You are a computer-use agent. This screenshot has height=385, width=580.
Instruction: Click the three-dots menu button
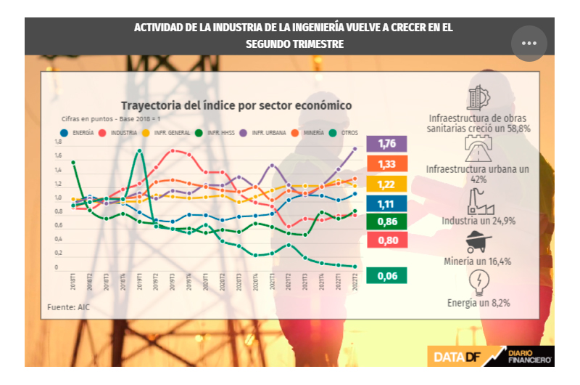pos(529,44)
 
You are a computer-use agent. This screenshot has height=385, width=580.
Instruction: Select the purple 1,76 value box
pos(386,144)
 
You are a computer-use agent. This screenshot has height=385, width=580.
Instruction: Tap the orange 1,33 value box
pos(386,164)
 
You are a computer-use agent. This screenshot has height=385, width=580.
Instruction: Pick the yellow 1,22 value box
pos(386,185)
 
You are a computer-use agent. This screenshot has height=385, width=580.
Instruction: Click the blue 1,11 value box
pos(386,205)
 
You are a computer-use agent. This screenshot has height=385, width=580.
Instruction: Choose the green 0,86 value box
pos(386,222)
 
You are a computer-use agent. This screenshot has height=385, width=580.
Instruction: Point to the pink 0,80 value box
pos(386,240)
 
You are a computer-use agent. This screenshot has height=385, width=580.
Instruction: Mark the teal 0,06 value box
pos(386,275)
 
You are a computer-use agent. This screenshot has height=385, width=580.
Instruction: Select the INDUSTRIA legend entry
pos(120,133)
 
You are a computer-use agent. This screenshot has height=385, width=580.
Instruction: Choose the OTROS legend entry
pos(344,133)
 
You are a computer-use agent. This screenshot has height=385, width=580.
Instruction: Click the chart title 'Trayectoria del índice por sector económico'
pos(236,106)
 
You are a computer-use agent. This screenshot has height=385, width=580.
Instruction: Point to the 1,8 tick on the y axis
pos(57,143)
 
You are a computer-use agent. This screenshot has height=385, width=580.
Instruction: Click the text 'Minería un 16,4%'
pos(478,260)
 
